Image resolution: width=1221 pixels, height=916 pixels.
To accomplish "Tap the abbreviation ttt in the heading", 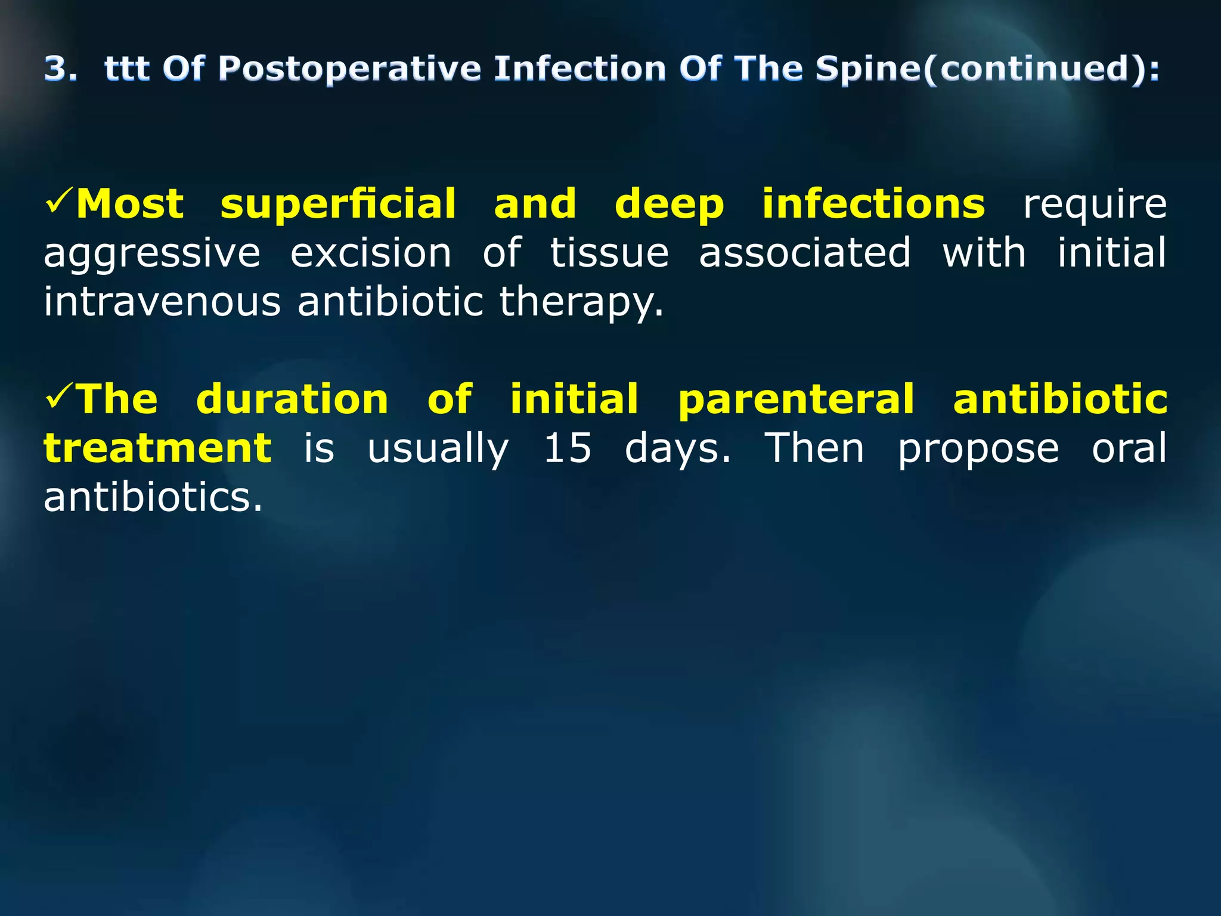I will [126, 69].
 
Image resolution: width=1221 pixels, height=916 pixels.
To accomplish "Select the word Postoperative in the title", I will [349, 69].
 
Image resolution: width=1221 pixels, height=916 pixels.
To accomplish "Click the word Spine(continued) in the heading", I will [987, 69].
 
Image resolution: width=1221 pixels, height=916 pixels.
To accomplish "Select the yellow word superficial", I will [338, 205].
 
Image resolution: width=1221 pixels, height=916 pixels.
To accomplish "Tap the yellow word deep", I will [669, 205].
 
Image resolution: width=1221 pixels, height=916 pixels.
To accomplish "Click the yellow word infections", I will [873, 205].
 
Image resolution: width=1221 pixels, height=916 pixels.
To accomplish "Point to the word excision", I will [371, 253].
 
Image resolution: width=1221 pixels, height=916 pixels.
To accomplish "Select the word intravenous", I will [162, 302].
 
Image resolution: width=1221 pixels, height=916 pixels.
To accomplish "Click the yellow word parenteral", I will [796, 400].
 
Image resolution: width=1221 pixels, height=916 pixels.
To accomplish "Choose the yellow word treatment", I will [158, 448].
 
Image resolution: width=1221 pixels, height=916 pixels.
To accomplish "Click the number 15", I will [568, 448].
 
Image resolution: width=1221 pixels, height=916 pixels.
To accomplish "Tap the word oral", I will [1129, 448].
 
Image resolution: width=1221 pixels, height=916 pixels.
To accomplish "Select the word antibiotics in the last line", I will [152, 497].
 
